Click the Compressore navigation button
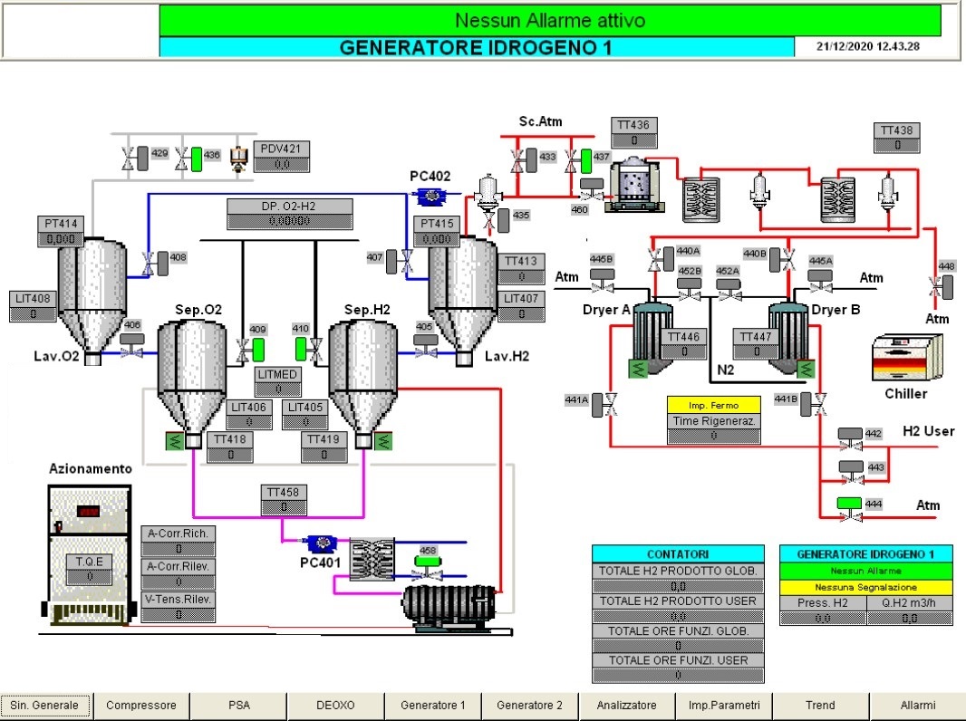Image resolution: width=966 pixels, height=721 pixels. [x=141, y=705]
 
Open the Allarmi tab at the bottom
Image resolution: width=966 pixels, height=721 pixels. [x=917, y=705]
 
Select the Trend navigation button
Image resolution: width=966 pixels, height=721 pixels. [x=820, y=705]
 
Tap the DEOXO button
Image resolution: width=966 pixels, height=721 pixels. [x=335, y=705]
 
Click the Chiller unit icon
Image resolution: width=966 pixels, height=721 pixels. [x=906, y=360]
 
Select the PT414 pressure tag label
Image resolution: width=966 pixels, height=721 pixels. [x=60, y=224]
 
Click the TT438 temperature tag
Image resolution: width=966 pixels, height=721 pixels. [x=896, y=130]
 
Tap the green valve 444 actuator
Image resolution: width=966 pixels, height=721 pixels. [x=850, y=504]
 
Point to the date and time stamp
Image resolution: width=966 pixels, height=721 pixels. [x=867, y=46]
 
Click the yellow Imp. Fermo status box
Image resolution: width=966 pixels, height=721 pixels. [x=714, y=405]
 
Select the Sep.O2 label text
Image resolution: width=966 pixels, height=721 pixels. [x=198, y=310]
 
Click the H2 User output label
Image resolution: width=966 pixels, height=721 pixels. [x=928, y=431]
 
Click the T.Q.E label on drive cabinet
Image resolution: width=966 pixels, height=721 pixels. [x=89, y=561]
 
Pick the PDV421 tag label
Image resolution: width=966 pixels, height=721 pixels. [x=281, y=149]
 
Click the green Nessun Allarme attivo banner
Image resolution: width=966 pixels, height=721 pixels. [x=549, y=20]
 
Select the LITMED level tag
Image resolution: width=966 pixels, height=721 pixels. [x=277, y=373]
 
